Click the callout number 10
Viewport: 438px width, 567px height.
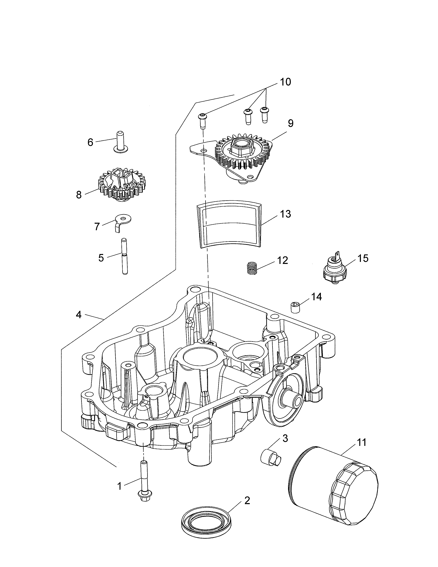click(x=285, y=82)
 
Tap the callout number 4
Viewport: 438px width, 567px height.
click(x=79, y=315)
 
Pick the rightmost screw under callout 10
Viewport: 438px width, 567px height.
click(x=264, y=114)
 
